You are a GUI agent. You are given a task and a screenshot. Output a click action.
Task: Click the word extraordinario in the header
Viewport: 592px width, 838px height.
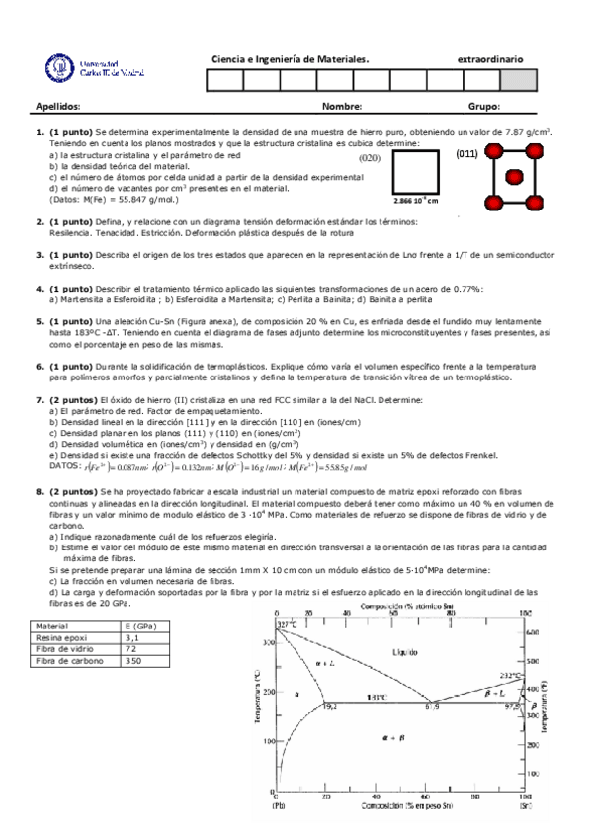[x=490, y=59]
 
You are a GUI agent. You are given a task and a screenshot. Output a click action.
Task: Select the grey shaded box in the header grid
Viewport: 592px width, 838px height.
[x=519, y=81]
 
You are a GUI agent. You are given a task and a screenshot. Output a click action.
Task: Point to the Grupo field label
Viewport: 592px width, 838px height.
[x=484, y=106]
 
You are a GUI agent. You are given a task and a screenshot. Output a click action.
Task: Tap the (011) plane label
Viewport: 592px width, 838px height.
[x=467, y=154]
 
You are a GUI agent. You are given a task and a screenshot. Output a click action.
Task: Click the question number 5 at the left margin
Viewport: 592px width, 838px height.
[x=40, y=321]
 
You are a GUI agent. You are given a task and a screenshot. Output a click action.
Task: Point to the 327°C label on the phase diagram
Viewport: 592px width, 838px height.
[x=287, y=625]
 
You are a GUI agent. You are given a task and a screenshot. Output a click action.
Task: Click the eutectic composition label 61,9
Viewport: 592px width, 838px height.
[x=432, y=705]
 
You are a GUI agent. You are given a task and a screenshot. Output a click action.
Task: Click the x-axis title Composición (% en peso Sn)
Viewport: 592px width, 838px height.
[x=402, y=806]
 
